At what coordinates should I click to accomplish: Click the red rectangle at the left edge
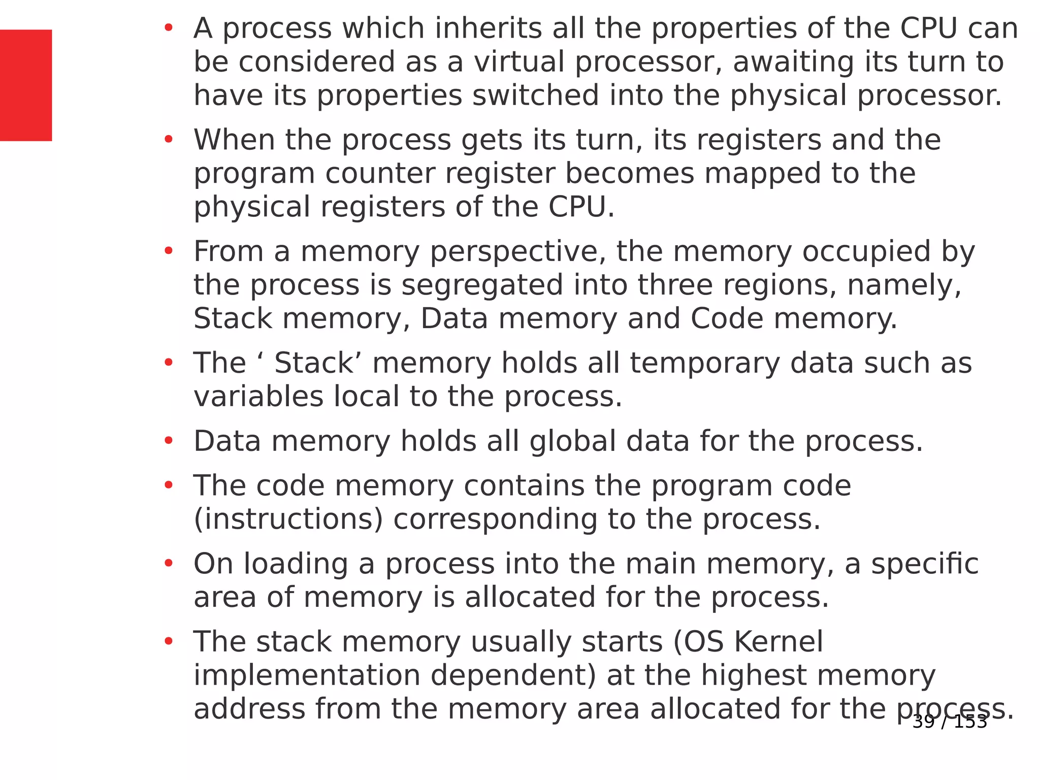coord(25,85)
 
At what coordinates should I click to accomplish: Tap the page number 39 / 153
coord(950,722)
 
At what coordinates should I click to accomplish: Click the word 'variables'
coord(258,397)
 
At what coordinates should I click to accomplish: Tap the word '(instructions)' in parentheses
coord(288,519)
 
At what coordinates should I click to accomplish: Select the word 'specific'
coord(925,564)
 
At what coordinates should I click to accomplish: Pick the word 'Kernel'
coord(779,642)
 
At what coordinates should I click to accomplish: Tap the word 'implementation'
coord(307,675)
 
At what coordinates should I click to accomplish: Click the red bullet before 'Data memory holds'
coord(169,441)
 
